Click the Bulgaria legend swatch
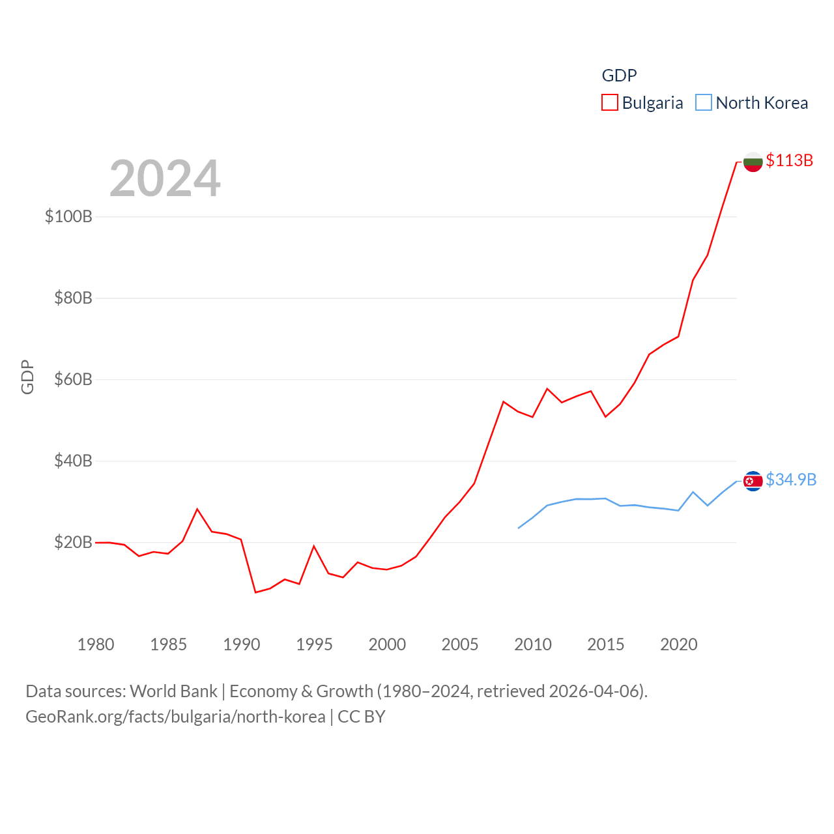609,103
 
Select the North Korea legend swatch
704,103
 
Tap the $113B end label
789,160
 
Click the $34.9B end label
791,480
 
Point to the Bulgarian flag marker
753,162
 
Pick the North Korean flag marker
753,481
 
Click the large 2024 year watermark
165,179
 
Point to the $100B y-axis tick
68,216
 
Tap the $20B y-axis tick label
73,542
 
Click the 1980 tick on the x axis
96,644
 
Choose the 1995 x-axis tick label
314,644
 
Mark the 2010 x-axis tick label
533,644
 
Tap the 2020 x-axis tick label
679,644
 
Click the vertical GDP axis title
27,377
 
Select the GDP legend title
619,76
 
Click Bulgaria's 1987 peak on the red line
197,509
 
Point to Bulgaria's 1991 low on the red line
255,592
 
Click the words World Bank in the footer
174,691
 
